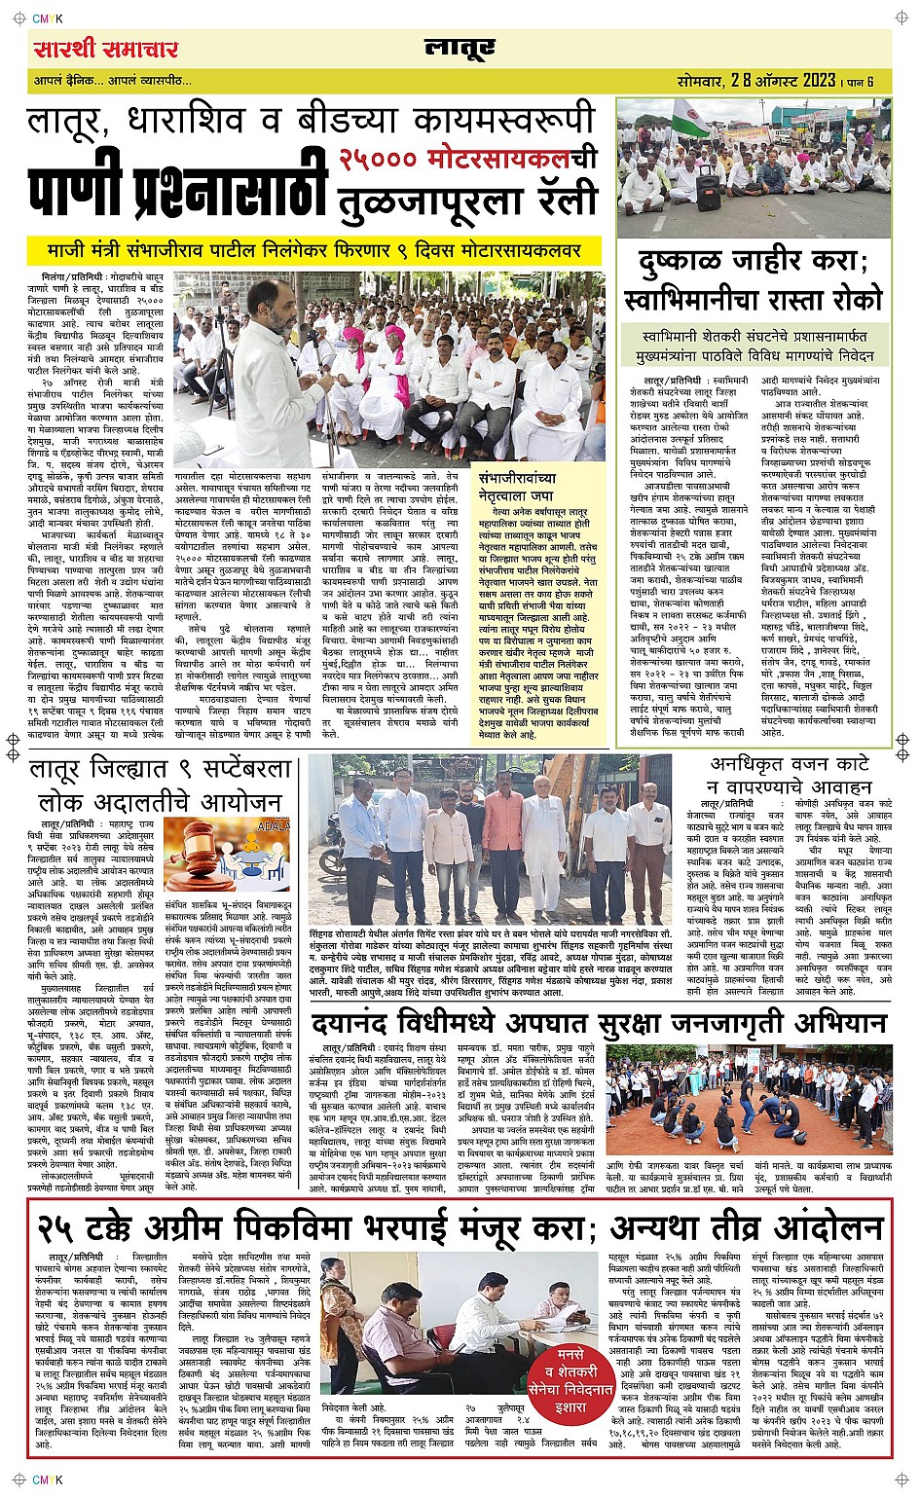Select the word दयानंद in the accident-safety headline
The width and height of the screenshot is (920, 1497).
364,1024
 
